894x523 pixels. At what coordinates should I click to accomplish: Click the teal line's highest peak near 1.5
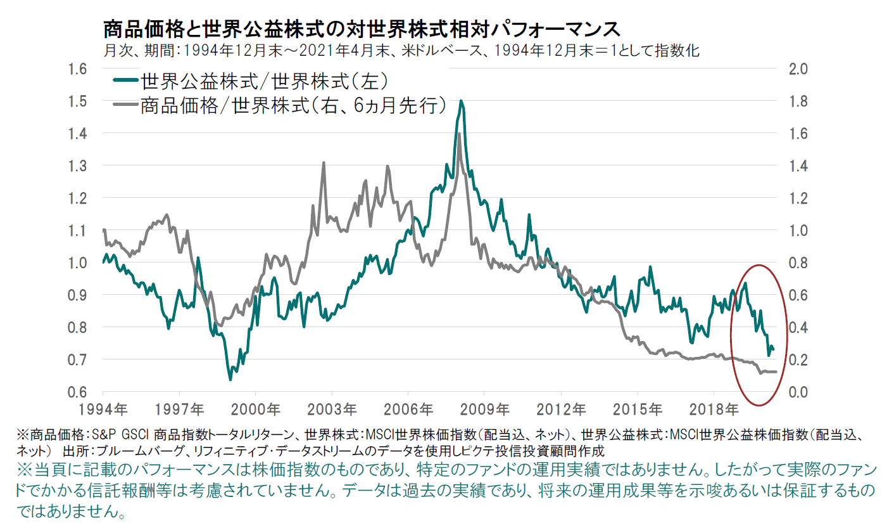(462, 101)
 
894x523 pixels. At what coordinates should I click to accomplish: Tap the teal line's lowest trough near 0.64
(230, 379)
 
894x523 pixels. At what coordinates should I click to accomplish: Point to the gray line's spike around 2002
(324, 163)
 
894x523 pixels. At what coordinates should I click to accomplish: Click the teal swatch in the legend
(125, 81)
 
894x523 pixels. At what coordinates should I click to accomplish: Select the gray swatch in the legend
(125, 105)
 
